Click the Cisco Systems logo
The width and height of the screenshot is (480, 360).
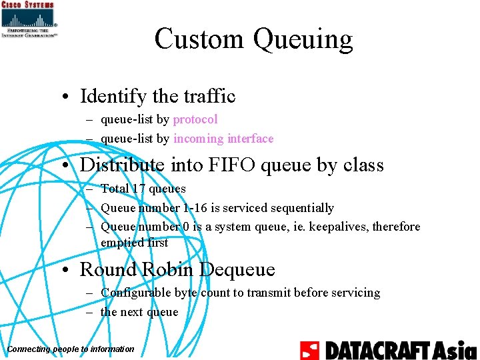(29, 19)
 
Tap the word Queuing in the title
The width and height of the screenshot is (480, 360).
(303, 40)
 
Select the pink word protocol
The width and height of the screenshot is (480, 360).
(195, 119)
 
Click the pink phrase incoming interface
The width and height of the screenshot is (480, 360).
(223, 139)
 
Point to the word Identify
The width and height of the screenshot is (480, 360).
(113, 97)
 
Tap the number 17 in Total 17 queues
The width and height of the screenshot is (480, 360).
(139, 189)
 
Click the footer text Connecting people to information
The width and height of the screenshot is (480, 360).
(70, 349)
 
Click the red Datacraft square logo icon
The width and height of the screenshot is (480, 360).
(310, 350)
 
